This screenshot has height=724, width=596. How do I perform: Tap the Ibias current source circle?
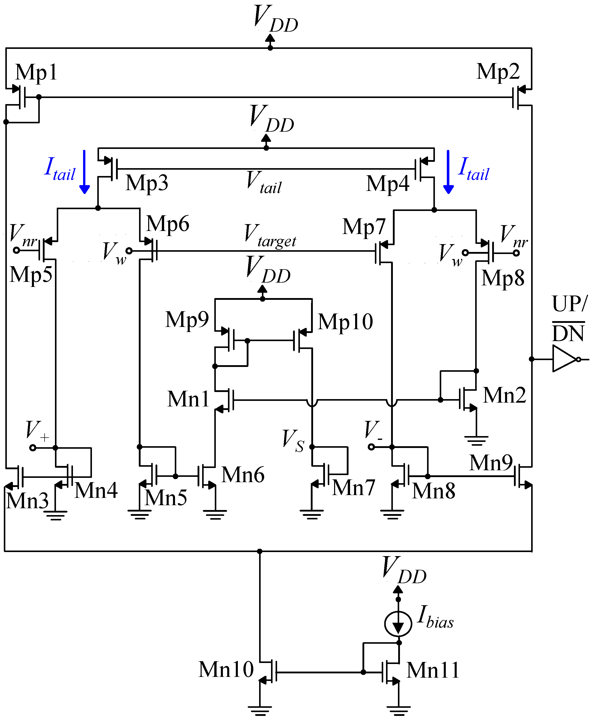[x=398, y=623]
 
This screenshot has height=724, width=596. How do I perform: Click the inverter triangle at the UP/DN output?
[x=564, y=359]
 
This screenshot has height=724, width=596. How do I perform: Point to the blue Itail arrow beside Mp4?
[x=448, y=172]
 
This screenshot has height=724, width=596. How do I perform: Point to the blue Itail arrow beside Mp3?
[x=84, y=172]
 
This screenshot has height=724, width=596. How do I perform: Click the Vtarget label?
[x=270, y=236]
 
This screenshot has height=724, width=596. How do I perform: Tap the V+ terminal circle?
[x=33, y=448]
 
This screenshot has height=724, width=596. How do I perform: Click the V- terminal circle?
[x=371, y=447]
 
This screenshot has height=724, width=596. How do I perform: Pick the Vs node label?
[x=293, y=441]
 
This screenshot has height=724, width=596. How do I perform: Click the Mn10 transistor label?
[x=226, y=669]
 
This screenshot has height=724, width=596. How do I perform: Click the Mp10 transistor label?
[x=345, y=322]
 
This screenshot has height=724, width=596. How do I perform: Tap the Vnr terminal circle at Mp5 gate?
[x=16, y=250]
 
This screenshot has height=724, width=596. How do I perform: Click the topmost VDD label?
[x=275, y=19]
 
